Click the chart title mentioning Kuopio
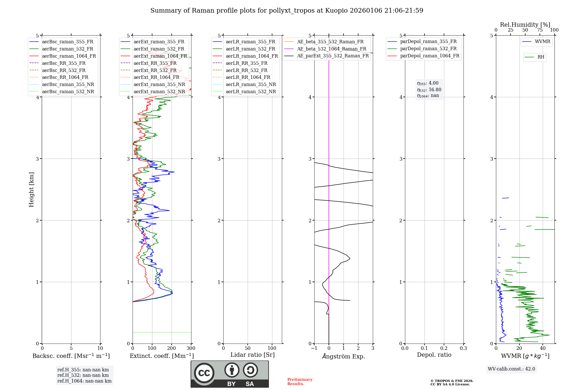click(287, 11)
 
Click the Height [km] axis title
click(31, 190)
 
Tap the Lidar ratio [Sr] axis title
click(253, 355)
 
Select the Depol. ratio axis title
click(434, 355)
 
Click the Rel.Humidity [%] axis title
click(525, 25)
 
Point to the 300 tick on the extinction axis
click(191, 348)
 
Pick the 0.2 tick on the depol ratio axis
click(444, 348)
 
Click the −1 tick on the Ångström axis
click(314, 348)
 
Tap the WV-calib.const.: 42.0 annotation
click(511, 369)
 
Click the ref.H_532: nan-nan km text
click(83, 375)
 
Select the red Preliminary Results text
click(300, 381)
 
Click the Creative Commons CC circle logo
click(204, 373)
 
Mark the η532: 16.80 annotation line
click(429, 89)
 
